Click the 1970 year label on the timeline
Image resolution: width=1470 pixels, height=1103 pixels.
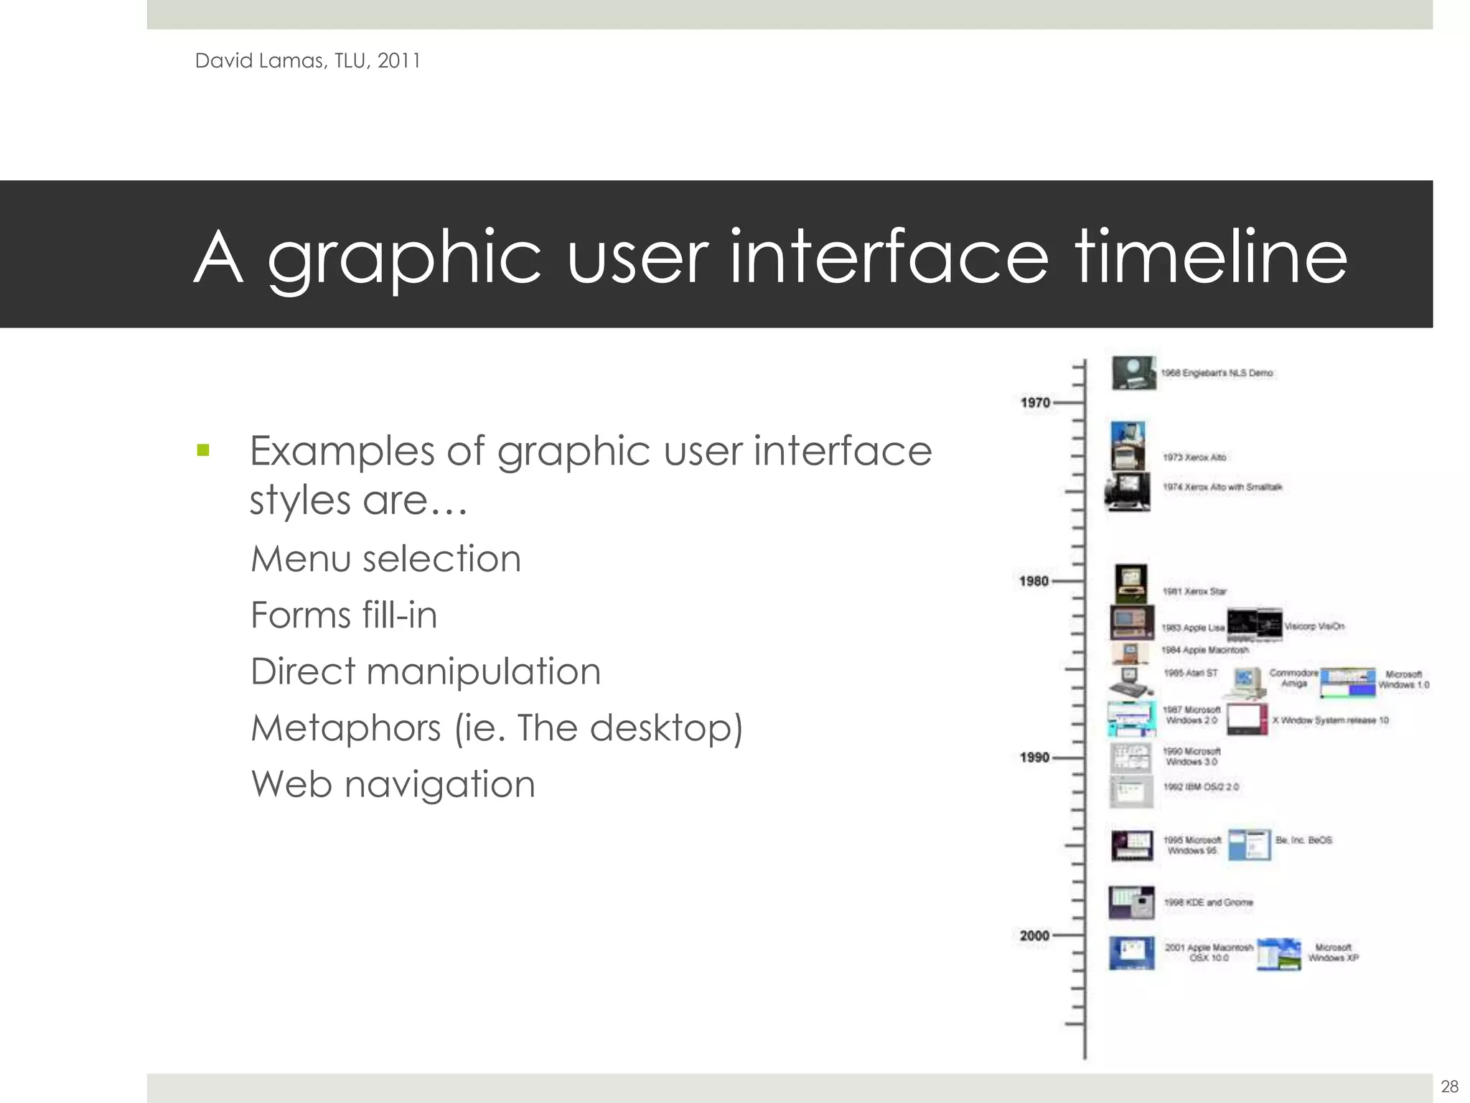1035,403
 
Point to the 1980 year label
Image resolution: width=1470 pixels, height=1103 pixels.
1034,581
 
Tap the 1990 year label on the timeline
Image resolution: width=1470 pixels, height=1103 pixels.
1034,758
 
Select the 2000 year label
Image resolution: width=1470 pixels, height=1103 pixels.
1034,936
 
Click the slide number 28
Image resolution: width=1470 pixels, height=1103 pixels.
1449,1086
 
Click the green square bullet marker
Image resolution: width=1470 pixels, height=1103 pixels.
203,451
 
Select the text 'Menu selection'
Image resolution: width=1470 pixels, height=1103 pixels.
385,559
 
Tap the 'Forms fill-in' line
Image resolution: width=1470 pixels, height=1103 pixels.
344,615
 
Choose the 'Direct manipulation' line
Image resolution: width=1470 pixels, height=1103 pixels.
426,671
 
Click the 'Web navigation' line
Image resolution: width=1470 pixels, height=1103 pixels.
393,784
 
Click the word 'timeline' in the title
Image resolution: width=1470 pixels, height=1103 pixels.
1210,256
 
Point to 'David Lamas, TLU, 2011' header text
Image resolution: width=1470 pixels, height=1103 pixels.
307,60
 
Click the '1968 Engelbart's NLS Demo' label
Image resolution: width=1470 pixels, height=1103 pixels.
1217,373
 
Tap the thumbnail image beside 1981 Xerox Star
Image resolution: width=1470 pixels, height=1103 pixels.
1131,583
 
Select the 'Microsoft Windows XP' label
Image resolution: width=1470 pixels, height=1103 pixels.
1333,952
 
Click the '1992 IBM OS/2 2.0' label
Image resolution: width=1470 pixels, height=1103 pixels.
1201,787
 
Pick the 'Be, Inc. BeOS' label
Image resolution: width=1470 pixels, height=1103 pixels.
1303,839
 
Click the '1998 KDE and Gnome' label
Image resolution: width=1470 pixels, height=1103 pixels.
1208,902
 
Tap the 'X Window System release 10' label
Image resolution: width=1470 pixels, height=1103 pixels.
1330,720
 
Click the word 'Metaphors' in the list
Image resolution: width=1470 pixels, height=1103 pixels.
345,728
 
